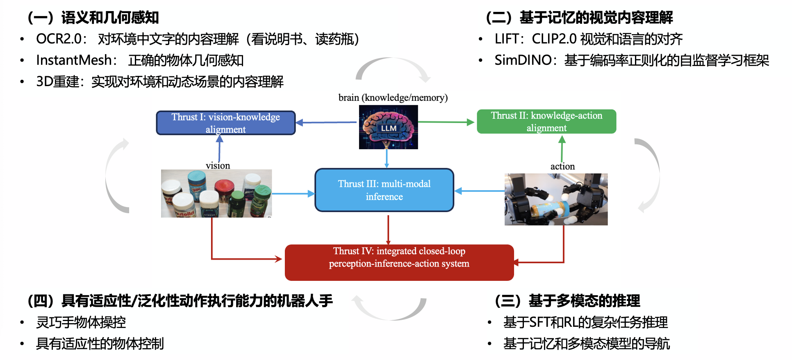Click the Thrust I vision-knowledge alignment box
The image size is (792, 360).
tap(225, 123)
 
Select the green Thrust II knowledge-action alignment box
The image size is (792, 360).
tap(546, 121)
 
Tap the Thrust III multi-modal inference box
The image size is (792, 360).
tap(384, 190)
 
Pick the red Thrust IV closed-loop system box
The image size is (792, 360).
tap(399, 262)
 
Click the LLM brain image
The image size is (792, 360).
tap(388, 127)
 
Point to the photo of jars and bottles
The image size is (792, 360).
tap(216, 194)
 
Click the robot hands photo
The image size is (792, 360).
tap(556, 199)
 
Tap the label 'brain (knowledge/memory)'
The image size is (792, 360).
tap(393, 98)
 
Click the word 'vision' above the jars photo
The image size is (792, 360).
tap(218, 166)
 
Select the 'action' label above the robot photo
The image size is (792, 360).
tap(562, 166)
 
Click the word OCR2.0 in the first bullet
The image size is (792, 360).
tap(59, 39)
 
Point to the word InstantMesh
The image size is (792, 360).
tap(74, 60)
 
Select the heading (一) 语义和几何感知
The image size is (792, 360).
tap(93, 18)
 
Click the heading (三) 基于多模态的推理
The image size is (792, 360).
tap(567, 301)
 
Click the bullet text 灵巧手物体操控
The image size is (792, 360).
tap(81, 322)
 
